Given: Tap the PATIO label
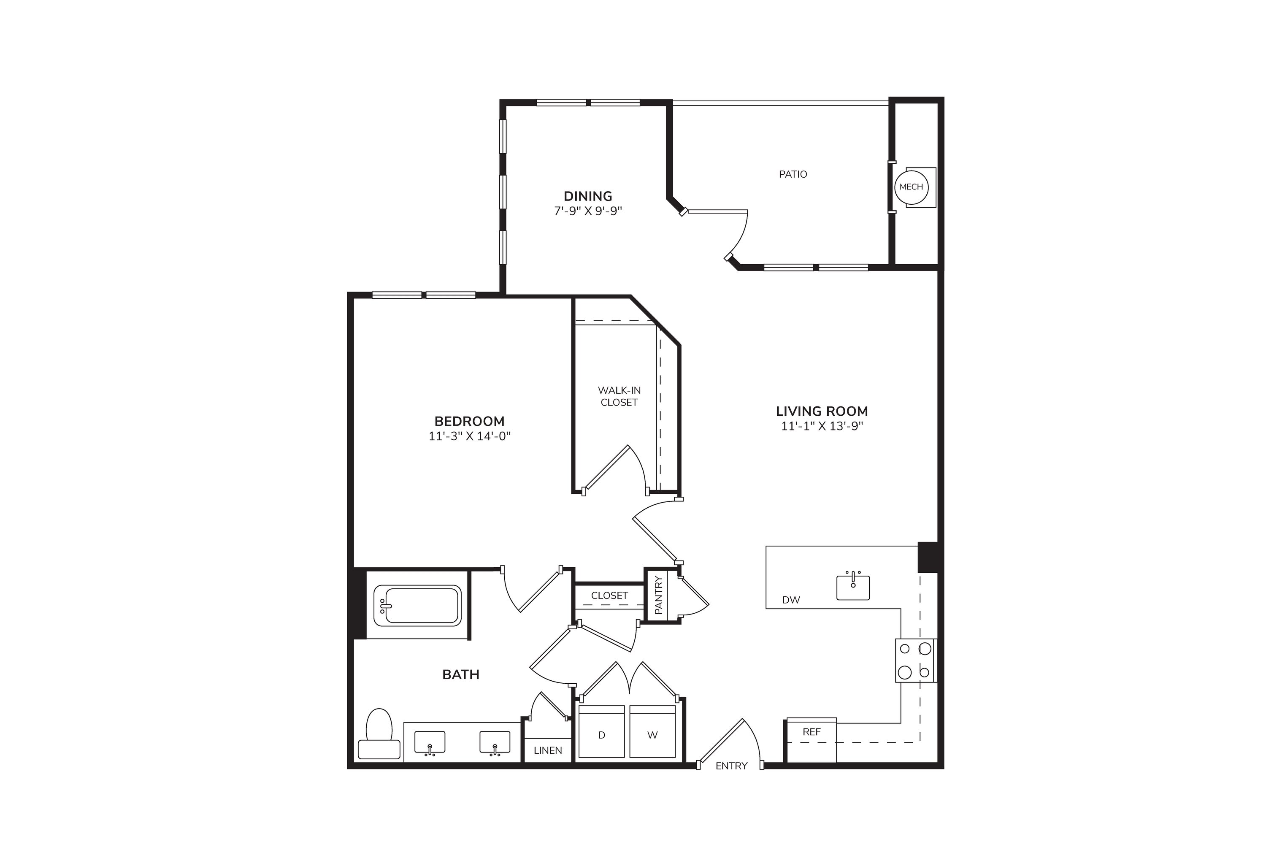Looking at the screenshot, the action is click(x=793, y=174).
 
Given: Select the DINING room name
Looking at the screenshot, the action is click(x=588, y=196).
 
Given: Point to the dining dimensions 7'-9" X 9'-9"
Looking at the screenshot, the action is click(x=588, y=211).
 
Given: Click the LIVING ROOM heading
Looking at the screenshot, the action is click(x=822, y=411).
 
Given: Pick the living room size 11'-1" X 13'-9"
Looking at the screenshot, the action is click(x=822, y=426).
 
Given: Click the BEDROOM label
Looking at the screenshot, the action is click(x=469, y=421).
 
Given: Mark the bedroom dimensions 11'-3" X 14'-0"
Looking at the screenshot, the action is click(x=470, y=436).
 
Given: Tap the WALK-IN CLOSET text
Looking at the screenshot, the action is click(x=619, y=396).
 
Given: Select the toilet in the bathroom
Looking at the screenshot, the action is click(x=379, y=734).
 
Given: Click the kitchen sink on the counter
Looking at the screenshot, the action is click(x=853, y=587).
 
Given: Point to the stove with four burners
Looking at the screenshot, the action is click(x=915, y=660).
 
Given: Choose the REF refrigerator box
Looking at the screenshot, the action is click(x=812, y=740).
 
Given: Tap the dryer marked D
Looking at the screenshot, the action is click(x=602, y=731).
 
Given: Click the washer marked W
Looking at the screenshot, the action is click(x=652, y=731).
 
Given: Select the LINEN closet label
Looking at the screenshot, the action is click(x=548, y=751).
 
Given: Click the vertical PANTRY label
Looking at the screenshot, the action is click(x=658, y=595).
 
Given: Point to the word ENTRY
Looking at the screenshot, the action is click(x=732, y=766).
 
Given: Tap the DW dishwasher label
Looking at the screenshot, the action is click(x=791, y=600).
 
